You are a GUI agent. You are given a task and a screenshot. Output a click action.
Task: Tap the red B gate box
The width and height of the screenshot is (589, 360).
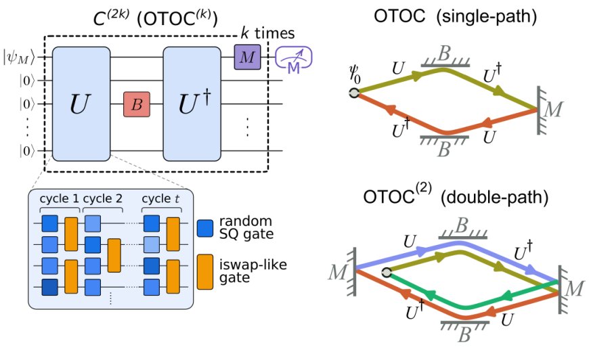136,105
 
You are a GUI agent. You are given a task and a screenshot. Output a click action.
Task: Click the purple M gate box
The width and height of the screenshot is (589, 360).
247,58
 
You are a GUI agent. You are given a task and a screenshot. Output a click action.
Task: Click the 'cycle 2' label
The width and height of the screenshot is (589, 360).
102,200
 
